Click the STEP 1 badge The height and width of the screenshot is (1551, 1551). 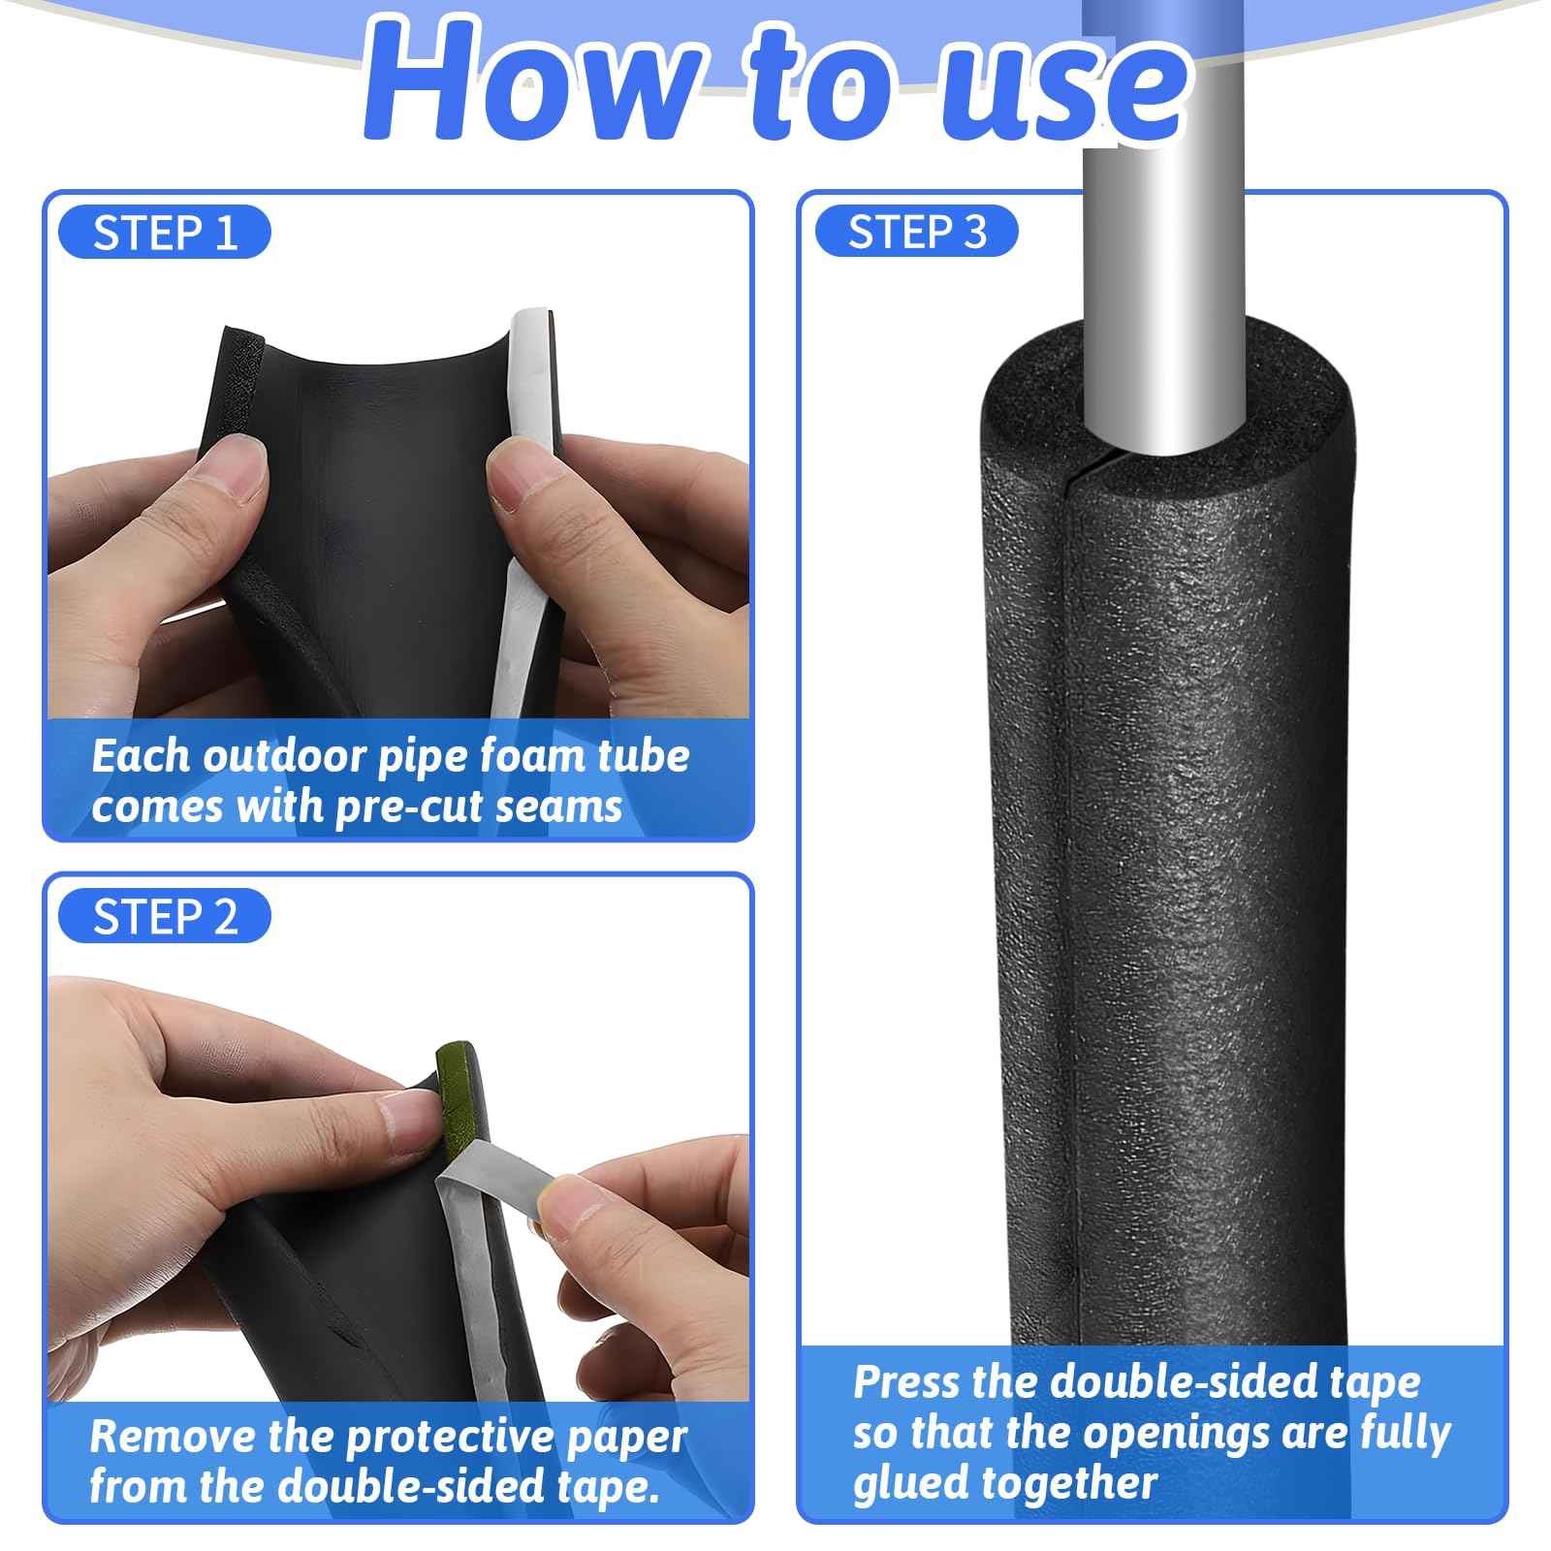coord(165,234)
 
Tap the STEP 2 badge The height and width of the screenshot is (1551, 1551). coord(165,916)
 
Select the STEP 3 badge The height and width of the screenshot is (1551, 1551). coord(917,233)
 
